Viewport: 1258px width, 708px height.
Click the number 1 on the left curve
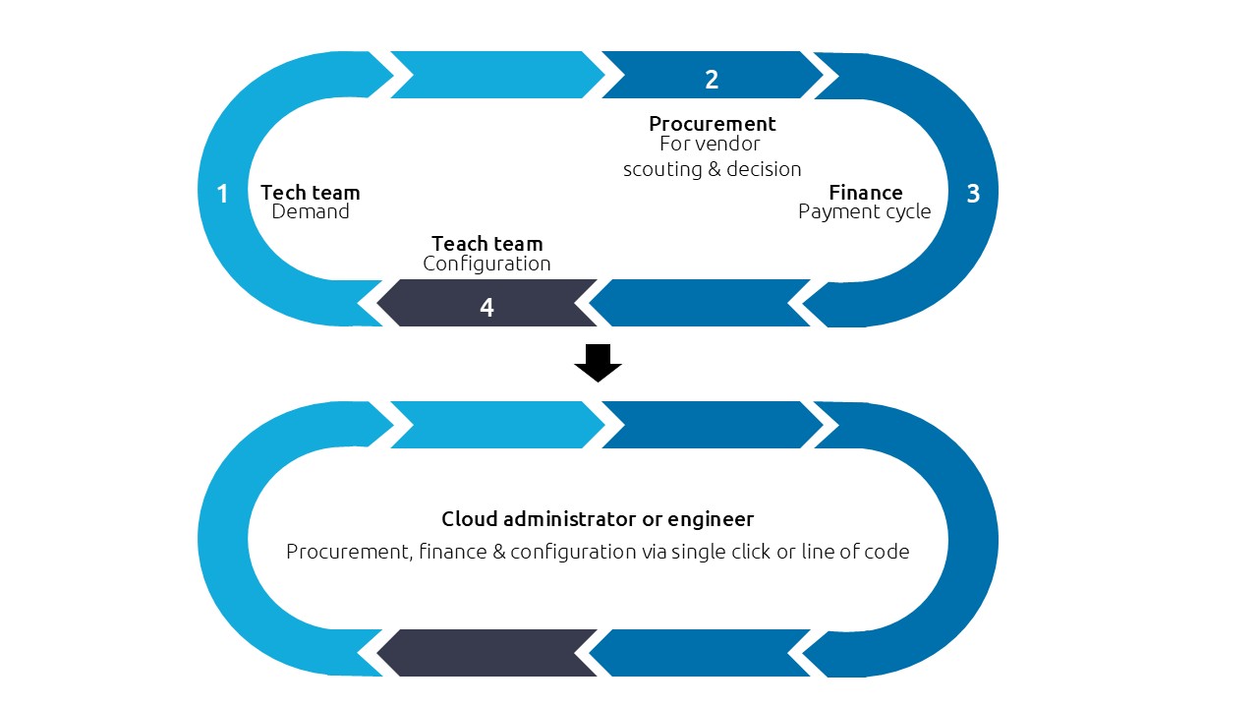[222, 194]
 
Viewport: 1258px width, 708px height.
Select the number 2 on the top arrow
[712, 80]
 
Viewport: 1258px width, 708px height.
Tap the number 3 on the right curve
[973, 194]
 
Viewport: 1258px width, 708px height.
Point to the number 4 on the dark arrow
[486, 308]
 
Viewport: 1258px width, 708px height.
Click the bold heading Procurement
[712, 124]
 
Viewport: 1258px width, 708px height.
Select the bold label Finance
[865, 193]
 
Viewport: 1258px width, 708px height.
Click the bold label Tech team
[310, 193]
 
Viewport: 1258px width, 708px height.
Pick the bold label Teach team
[486, 244]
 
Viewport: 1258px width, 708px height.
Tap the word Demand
[310, 212]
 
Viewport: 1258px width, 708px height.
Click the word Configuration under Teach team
[486, 264]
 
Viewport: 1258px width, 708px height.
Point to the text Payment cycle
[864, 212]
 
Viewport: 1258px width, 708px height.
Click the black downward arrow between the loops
[598, 362]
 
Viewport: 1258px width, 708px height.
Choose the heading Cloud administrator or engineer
[598, 519]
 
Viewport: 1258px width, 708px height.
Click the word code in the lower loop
[887, 552]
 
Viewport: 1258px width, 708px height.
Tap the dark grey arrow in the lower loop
[486, 653]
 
